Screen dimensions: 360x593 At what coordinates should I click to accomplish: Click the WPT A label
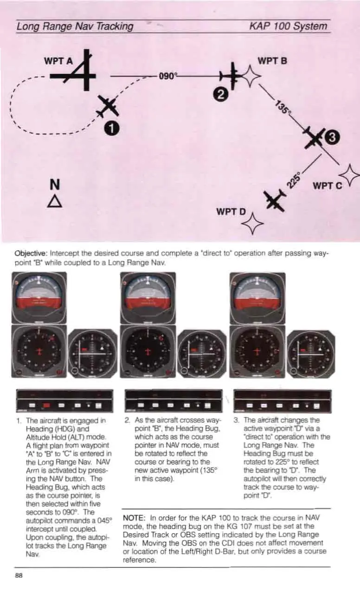pyautogui.click(x=58, y=61)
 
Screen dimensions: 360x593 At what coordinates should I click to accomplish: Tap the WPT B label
pyautogui.click(x=272, y=61)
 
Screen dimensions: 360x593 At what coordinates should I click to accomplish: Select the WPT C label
pyautogui.click(x=327, y=186)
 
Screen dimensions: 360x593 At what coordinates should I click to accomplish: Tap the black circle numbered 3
pyautogui.click(x=334, y=137)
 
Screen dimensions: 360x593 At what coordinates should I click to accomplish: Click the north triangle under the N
pyautogui.click(x=55, y=201)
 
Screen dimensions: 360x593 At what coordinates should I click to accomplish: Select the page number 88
pyautogui.click(x=19, y=575)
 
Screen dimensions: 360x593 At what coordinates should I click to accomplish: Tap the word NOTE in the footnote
pyautogui.click(x=135, y=517)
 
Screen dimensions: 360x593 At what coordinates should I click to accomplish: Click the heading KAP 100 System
pyautogui.click(x=288, y=26)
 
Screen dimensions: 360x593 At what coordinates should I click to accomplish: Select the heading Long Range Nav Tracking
pyautogui.click(x=75, y=26)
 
